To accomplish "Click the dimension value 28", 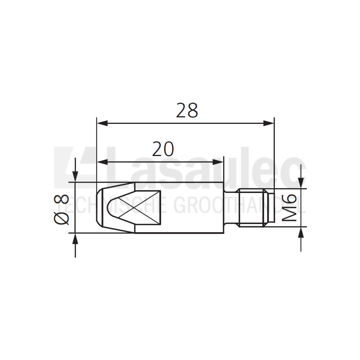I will click(187, 110).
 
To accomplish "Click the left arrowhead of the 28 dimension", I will click(102, 123).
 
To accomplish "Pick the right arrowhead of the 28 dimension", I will click(270, 123).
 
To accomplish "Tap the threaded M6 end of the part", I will click(256, 207).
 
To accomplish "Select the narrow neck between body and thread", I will click(230, 207).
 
